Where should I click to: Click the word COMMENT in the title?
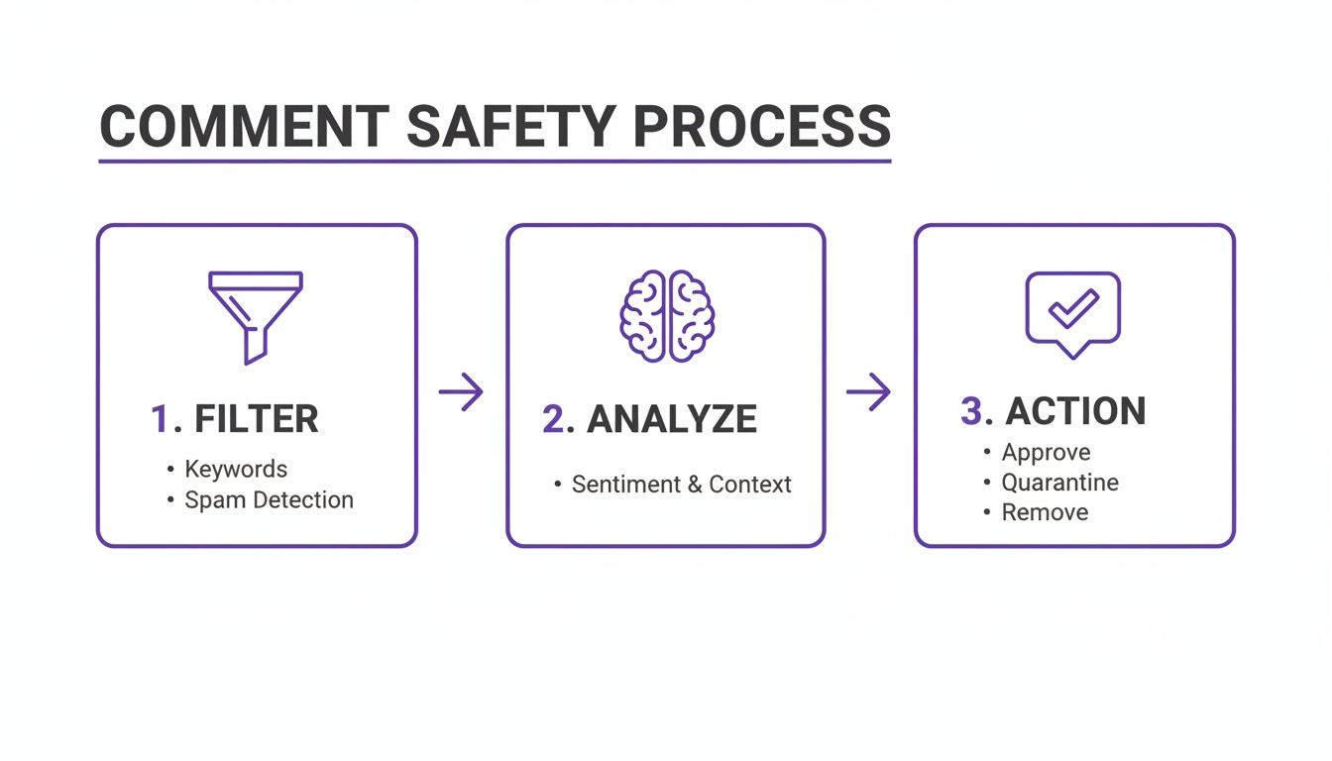pos(244,127)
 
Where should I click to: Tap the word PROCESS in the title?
pos(762,127)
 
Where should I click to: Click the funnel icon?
pos(256,316)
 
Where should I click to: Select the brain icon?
pos(667,316)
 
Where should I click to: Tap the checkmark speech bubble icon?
pos(1072,312)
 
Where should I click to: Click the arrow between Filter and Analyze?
pos(461,393)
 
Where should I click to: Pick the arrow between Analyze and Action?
pos(868,392)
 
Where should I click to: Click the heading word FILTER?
pos(257,420)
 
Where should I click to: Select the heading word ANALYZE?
pos(672,420)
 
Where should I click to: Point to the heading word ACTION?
pos(1075,411)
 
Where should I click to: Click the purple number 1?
pos(160,420)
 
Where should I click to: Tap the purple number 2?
pos(553,420)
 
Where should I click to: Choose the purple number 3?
pos(971,411)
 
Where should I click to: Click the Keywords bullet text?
pos(236,470)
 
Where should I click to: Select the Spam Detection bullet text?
pos(269,500)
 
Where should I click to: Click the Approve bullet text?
pos(1046,453)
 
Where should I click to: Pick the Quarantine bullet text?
pos(1059,483)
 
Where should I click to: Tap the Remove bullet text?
pos(1045,513)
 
